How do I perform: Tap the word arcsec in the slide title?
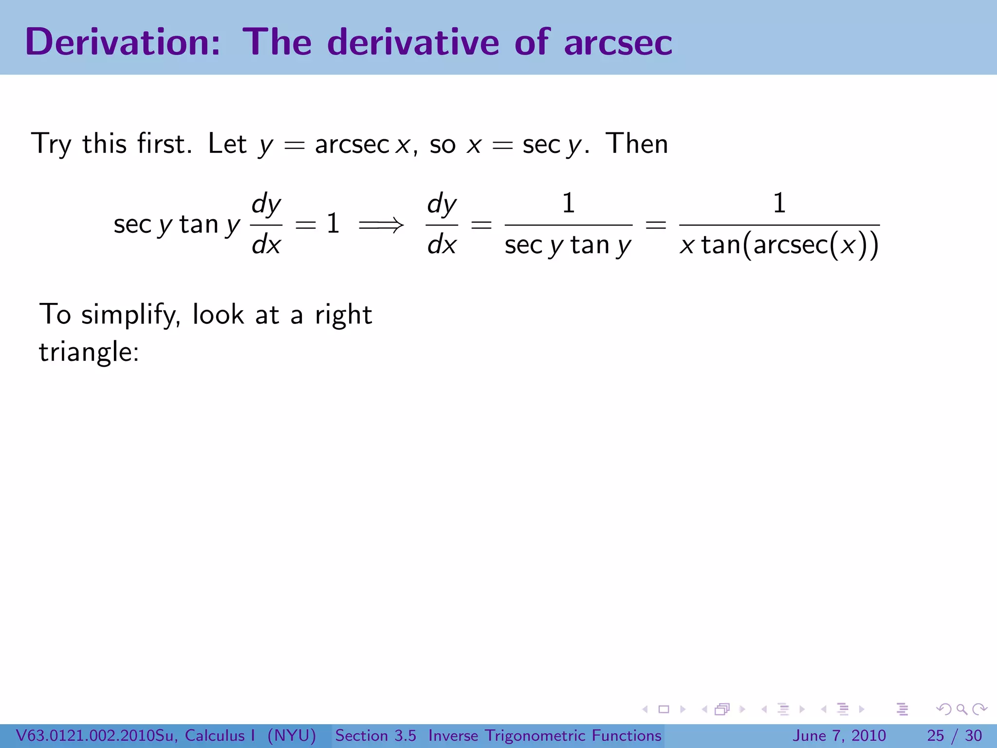pyautogui.click(x=618, y=43)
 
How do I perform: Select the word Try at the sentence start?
pyautogui.click(x=52, y=144)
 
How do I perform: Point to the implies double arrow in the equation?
pyautogui.click(x=381, y=225)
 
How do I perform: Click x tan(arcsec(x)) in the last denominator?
pyautogui.click(x=779, y=245)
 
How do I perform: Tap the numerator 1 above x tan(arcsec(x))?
pyautogui.click(x=779, y=204)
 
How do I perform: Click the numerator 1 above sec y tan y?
pyautogui.click(x=568, y=204)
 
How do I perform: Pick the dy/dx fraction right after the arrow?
pyautogui.click(x=442, y=224)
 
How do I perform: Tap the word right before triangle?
pyautogui.click(x=343, y=315)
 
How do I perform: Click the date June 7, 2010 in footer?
pyautogui.click(x=839, y=735)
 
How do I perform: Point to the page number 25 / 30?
pyautogui.click(x=954, y=735)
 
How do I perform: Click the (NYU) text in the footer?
pyautogui.click(x=292, y=735)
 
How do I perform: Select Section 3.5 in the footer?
pyautogui.click(x=375, y=735)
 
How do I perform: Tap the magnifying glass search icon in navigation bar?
pyautogui.click(x=961, y=710)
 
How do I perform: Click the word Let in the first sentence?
pyautogui.click(x=227, y=144)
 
